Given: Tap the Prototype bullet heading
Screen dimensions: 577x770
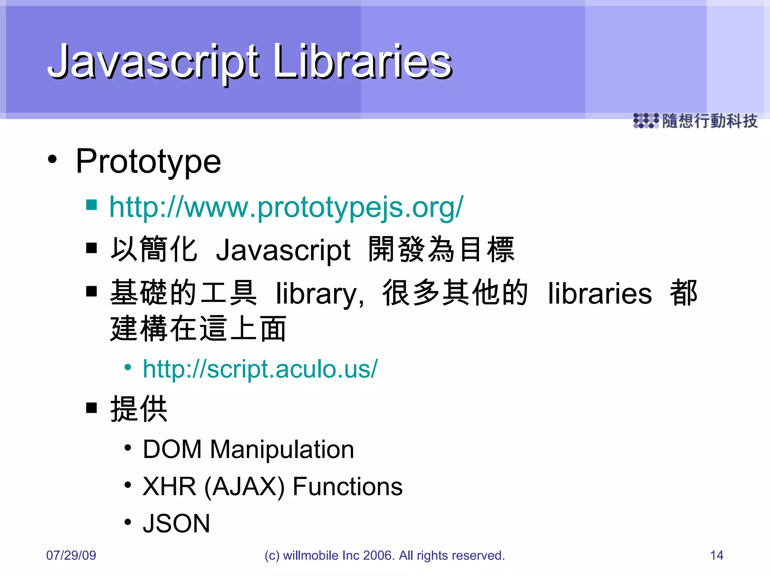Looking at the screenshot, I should (x=148, y=162).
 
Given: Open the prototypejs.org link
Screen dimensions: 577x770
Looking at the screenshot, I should (x=286, y=207).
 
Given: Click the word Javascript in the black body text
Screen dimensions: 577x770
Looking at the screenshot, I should (x=283, y=251).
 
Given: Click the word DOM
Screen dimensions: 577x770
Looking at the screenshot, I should (x=172, y=449).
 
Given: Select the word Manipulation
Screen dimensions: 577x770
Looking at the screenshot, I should (x=282, y=449).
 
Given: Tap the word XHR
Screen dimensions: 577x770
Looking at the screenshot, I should (x=169, y=486).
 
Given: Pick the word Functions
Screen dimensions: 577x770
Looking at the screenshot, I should (x=347, y=486).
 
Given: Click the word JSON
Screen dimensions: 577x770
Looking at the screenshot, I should (x=176, y=524).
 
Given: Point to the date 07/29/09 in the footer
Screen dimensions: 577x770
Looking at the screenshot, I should (x=71, y=555).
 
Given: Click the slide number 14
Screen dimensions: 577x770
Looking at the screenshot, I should (x=717, y=555).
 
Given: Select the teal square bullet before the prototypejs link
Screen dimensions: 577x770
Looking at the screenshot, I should (x=91, y=205).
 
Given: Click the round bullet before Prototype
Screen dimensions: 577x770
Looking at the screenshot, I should (x=53, y=159).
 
